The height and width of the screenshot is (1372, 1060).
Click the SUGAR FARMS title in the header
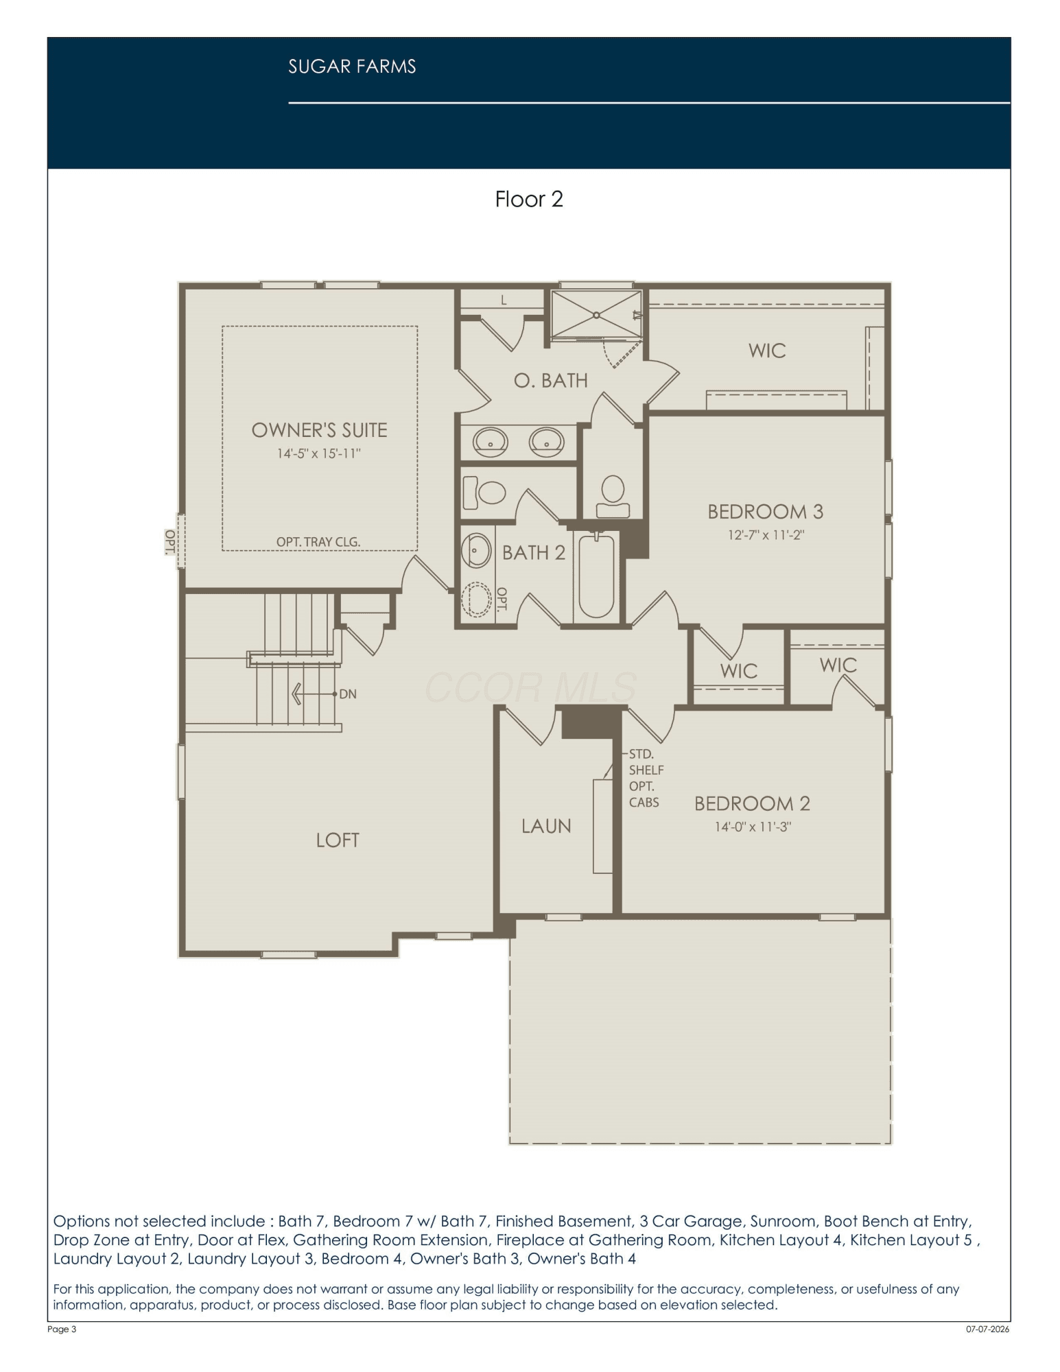(352, 67)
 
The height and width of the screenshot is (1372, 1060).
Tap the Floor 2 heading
(529, 199)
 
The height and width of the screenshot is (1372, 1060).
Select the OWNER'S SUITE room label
(320, 430)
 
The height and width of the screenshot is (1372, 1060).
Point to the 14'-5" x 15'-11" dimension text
(319, 453)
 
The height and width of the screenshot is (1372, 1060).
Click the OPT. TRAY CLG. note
(318, 542)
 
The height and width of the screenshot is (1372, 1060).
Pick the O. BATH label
(551, 380)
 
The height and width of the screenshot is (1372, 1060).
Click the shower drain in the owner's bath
(596, 316)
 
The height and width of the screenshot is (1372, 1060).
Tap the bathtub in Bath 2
(596, 576)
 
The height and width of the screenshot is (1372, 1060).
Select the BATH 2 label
(534, 553)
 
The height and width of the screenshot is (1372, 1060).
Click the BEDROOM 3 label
(766, 512)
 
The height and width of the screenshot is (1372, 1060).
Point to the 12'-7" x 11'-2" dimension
(766, 535)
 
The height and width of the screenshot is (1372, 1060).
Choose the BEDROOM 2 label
(753, 803)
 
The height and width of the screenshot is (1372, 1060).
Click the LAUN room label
(546, 826)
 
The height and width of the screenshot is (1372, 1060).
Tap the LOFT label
(338, 840)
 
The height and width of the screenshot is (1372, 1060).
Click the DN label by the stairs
(348, 694)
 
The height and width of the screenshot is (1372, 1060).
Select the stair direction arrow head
(297, 694)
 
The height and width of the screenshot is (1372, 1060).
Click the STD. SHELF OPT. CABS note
(646, 778)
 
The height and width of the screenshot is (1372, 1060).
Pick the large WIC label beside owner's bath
(767, 351)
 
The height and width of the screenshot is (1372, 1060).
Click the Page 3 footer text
(62, 1329)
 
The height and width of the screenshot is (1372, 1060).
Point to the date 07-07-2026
(988, 1329)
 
